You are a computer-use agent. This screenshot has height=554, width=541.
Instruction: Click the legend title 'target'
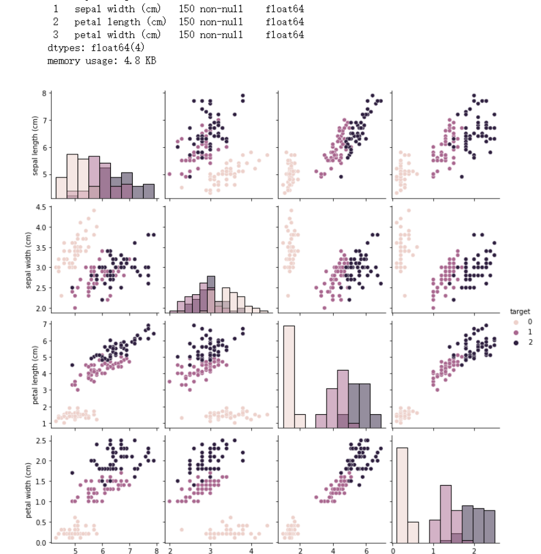tap(519, 312)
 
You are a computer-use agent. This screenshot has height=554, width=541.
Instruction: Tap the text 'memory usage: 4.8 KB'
tap(102, 61)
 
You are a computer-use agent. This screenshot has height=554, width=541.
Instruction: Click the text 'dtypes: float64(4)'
tap(96, 47)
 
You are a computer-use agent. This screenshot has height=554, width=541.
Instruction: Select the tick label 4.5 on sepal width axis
tap(39, 207)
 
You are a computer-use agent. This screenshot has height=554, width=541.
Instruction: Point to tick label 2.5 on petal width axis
tap(39, 440)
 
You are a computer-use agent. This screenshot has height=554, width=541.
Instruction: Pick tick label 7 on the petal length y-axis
tap(44, 325)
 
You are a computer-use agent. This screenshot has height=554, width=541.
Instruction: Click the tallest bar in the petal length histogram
tap(288, 375)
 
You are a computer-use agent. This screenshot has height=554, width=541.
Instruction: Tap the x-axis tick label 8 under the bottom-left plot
tap(156, 552)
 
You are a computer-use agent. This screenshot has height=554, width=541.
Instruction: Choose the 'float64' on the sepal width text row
tap(284, 9)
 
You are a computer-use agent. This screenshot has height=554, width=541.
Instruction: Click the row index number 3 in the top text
tap(56, 35)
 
